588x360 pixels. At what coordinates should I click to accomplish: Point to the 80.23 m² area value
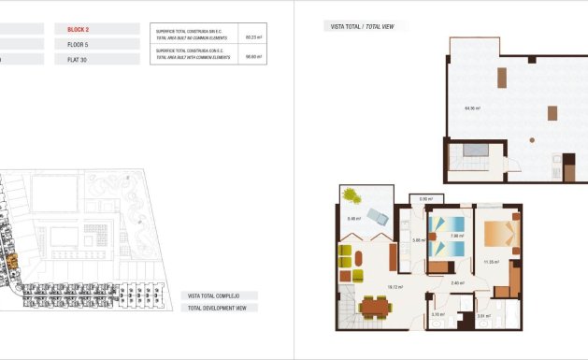[251, 36]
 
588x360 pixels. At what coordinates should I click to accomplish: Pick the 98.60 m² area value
[251, 56]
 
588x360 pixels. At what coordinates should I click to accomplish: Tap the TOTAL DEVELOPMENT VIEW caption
[218, 307]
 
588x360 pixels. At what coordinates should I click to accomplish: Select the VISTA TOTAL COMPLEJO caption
[215, 295]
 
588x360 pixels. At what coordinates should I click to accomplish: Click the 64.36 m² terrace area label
[472, 108]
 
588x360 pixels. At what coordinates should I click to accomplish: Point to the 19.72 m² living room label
[395, 287]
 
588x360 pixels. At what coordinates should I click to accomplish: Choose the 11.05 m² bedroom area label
[491, 263]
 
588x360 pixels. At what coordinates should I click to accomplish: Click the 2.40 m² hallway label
[458, 281]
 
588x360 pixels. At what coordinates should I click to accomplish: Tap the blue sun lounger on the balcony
[378, 217]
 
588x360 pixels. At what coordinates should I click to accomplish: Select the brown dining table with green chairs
[378, 306]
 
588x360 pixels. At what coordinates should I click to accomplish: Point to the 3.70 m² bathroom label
[437, 314]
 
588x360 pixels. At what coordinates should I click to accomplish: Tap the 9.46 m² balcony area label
[354, 219]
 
